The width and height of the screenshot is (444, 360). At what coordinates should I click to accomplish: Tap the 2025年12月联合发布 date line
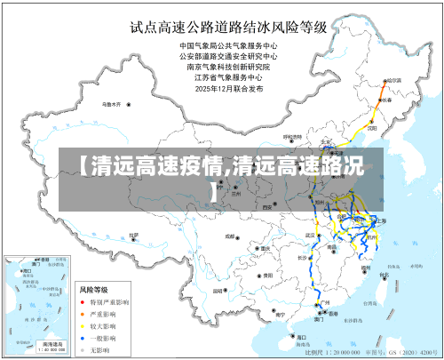pyautogui.click(x=229, y=88)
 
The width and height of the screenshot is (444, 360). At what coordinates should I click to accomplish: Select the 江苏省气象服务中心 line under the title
pyautogui.click(x=229, y=77)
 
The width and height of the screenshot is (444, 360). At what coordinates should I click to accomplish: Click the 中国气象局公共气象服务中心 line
pyautogui.click(x=229, y=45)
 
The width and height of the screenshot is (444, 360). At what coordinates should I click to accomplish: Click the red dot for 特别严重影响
pyautogui.click(x=84, y=302)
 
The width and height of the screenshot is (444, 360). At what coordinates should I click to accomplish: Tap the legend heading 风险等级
pyautogui.click(x=93, y=290)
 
